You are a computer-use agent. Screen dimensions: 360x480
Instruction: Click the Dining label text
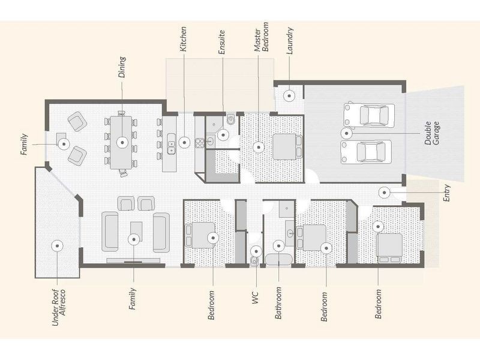click(122, 67)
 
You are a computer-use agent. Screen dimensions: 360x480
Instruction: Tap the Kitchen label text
click(184, 38)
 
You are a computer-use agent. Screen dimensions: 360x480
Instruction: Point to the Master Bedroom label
click(261, 40)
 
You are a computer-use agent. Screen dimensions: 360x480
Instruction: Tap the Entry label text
click(446, 192)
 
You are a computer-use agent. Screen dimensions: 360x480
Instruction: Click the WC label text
click(256, 298)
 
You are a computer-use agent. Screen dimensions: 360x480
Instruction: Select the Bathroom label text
click(278, 304)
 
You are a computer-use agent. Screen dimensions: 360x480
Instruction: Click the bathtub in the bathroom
click(278, 260)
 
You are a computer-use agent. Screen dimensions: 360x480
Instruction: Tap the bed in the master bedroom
click(284, 146)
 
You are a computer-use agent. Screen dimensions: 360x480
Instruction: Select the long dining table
click(122, 143)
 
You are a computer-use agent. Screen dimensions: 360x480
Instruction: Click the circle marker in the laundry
click(289, 95)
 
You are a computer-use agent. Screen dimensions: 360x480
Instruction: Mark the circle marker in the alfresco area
click(58, 245)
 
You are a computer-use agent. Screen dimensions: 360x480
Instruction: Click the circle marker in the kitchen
click(185, 143)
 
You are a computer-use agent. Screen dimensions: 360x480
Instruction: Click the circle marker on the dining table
click(122, 143)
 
